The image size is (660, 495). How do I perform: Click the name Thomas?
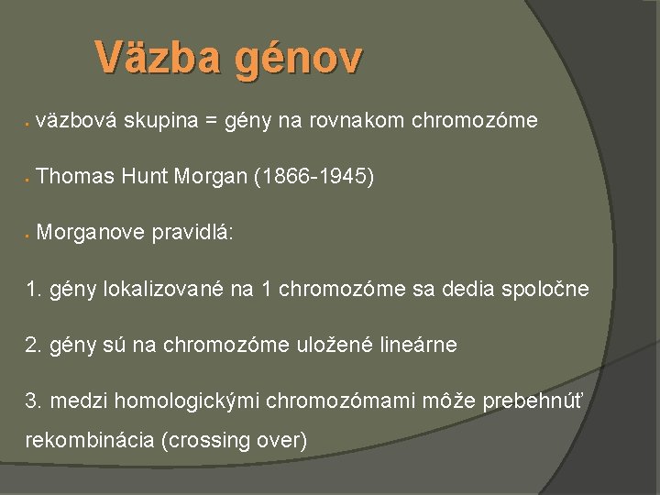78,177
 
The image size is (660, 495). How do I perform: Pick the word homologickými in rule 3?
165,401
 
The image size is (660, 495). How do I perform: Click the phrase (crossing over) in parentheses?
234,440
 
